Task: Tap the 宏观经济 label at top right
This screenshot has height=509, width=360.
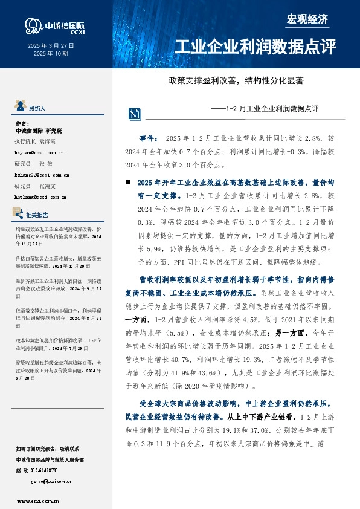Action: [307, 19]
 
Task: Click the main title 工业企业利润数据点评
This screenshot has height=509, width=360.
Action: [254, 47]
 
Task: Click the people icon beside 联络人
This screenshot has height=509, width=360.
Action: [20, 108]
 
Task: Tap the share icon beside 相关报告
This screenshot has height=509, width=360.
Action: [18, 213]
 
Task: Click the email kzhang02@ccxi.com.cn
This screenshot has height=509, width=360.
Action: [41, 174]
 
